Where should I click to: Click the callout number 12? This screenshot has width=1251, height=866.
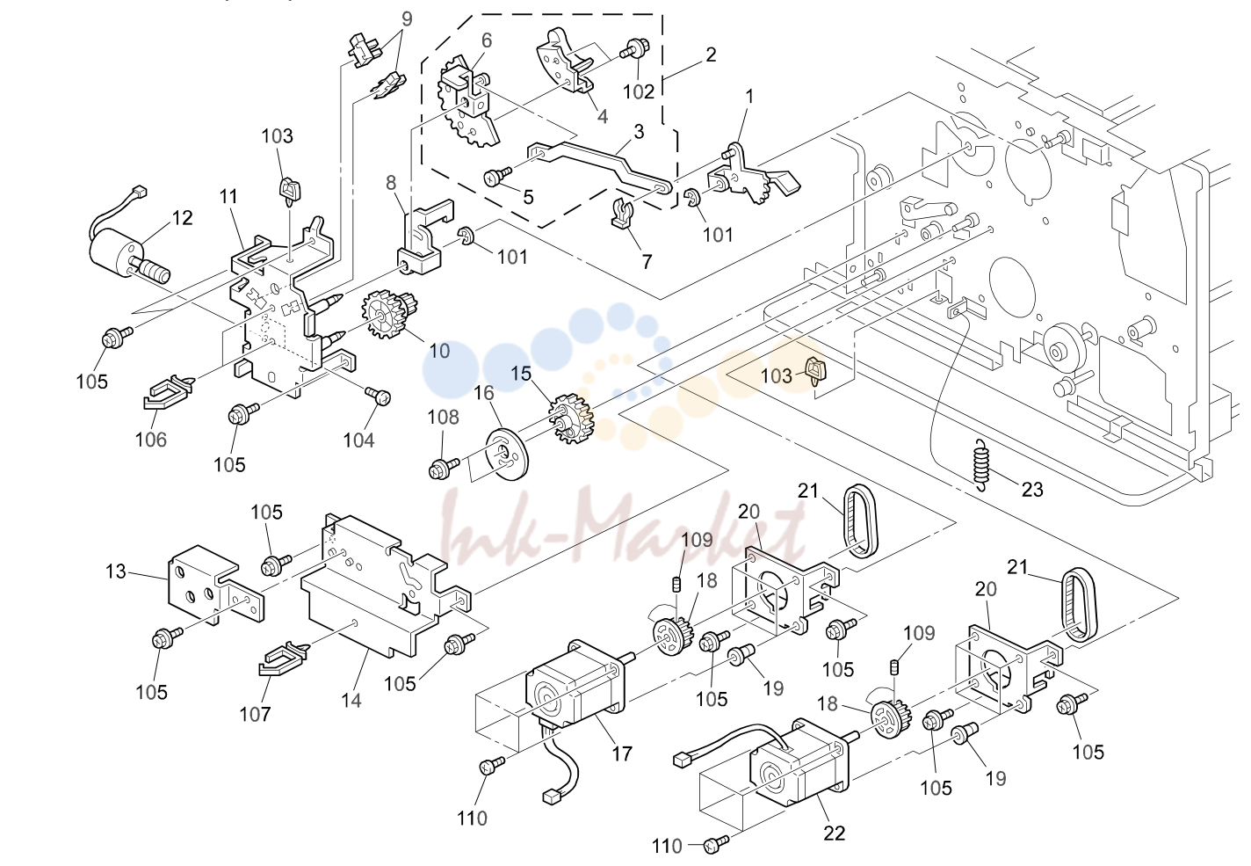[x=182, y=217]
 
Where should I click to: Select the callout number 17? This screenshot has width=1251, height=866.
[x=622, y=753]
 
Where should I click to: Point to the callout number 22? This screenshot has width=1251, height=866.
[x=835, y=833]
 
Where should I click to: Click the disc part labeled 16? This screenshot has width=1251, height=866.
[x=507, y=454]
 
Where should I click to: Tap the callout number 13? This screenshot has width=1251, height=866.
[x=116, y=571]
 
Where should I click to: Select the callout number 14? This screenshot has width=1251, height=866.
[x=351, y=700]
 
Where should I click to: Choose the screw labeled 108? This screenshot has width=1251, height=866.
[x=444, y=468]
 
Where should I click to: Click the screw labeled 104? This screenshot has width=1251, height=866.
[x=378, y=396]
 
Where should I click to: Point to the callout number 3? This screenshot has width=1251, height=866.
[x=639, y=132]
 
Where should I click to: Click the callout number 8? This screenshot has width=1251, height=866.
[x=391, y=183]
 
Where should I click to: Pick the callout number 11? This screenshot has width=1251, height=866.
[x=228, y=197]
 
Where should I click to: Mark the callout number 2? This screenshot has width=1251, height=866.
[x=711, y=55]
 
